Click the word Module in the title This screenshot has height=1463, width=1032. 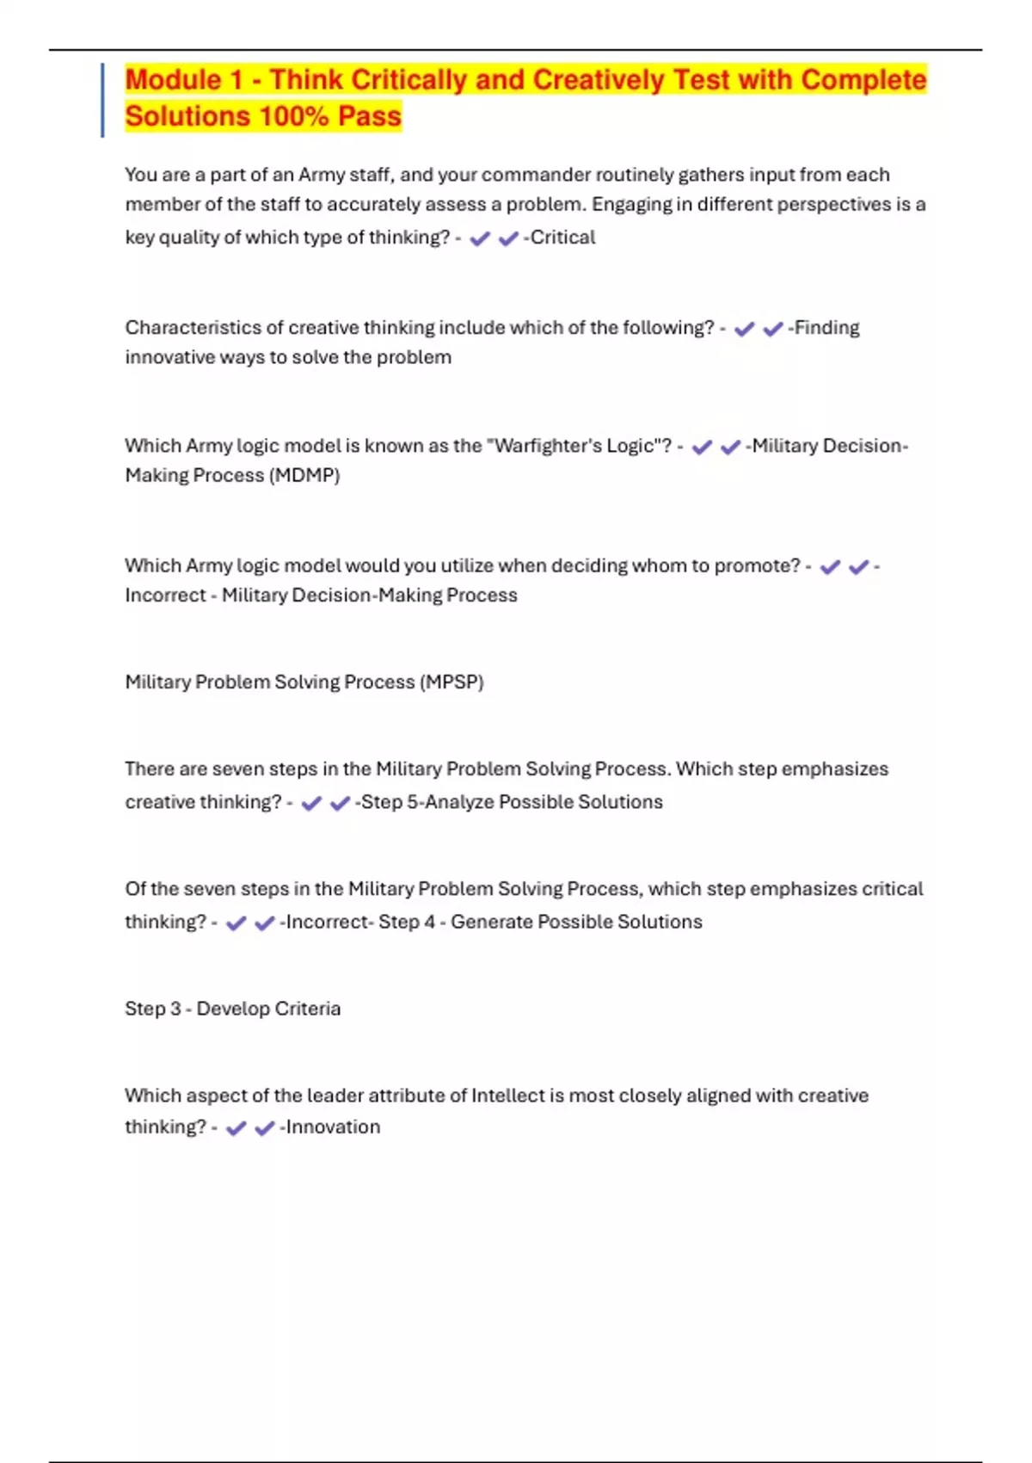tap(173, 80)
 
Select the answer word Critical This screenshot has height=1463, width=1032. tap(562, 238)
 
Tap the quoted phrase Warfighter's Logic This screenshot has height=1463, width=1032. tap(579, 446)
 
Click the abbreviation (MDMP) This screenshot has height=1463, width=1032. tap(304, 475)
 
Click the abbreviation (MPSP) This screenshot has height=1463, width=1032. tap(451, 682)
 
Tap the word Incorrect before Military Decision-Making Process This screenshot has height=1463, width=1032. tap(165, 596)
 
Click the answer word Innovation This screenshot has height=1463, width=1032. tap(332, 1127)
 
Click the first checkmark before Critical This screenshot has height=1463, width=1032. tap(480, 238)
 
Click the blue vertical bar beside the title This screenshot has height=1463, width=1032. tap(102, 100)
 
